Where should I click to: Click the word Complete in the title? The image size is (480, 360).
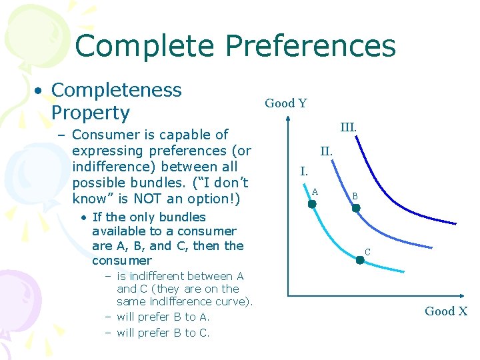point(145,46)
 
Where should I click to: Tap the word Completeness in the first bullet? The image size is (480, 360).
point(116,90)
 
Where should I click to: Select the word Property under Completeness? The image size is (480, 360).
point(90,112)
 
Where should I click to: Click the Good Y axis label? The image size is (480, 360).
point(286,103)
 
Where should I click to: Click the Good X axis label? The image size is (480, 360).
point(446,311)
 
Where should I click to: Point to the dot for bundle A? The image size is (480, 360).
point(312,205)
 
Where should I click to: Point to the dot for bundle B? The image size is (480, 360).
point(356,209)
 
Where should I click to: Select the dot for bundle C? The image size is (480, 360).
point(360,260)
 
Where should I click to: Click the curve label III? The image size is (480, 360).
point(349,126)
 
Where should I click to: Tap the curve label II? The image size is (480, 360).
point(326,151)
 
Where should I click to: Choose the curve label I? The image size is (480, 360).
point(303,171)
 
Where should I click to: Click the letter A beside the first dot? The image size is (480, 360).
point(315,191)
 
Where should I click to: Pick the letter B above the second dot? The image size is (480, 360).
point(355,197)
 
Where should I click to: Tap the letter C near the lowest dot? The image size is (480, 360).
point(367,252)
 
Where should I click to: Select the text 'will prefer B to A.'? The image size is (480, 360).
point(163,317)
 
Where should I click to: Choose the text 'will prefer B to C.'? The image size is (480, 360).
point(163,333)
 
